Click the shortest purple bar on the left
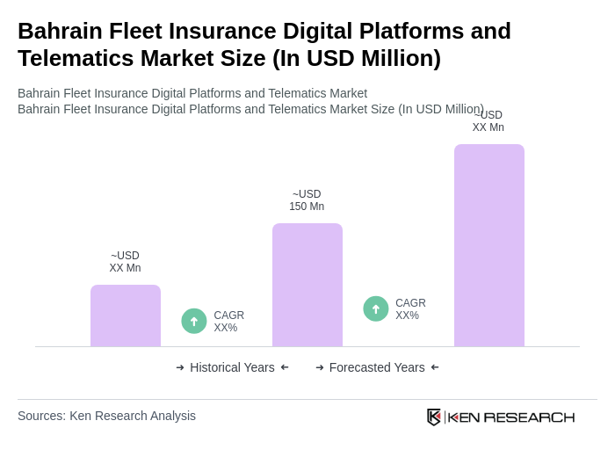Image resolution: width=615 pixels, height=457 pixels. coord(126,316)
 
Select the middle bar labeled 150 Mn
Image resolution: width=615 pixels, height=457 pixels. coord(307,285)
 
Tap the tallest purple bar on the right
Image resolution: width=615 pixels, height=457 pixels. coord(489,245)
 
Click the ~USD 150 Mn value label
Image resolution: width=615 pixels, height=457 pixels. coord(307,200)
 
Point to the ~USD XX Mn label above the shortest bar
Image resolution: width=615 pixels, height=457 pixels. coord(125,262)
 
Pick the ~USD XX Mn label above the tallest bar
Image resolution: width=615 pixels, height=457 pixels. coord(488,121)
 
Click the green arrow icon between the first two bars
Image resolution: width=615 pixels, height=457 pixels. coord(194,321)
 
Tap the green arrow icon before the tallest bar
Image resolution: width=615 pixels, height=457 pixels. coord(376,308)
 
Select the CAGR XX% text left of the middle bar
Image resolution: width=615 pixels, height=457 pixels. coord(229,322)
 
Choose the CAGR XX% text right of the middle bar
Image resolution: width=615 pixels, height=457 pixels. coord(410,309)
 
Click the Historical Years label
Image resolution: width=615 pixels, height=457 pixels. coord(232,367)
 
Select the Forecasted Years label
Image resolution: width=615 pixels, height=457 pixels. coord(377,367)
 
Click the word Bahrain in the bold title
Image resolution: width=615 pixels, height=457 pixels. coord(58,31)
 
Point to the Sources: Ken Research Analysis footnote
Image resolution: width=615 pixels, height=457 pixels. coord(106,416)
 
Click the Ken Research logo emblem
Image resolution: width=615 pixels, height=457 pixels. coord(434,417)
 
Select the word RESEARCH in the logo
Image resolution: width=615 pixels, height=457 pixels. coord(529,417)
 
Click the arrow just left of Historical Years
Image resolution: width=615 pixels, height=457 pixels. coord(180,367)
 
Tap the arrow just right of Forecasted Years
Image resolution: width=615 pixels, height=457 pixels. coord(435,367)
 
